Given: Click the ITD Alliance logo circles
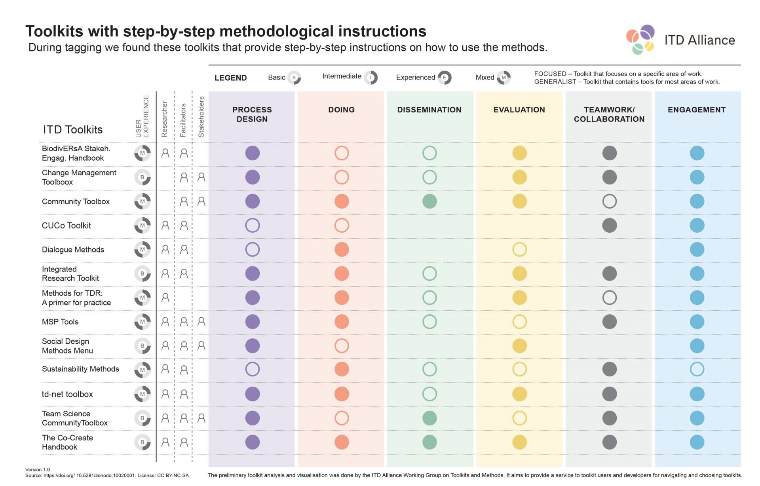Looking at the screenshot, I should [x=640, y=39].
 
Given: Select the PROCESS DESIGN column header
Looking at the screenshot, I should [x=252, y=114].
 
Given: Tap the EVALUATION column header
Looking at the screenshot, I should [x=519, y=110].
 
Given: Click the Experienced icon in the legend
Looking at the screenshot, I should [x=445, y=78].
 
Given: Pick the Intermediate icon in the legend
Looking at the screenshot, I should [x=371, y=78].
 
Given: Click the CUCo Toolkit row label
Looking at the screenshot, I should [x=66, y=226].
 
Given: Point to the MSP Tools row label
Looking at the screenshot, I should [x=60, y=322].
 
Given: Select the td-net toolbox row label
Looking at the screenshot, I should [x=67, y=394].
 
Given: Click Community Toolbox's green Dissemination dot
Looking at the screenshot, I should [x=429, y=201].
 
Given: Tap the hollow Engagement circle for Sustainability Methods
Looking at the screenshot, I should [x=697, y=369].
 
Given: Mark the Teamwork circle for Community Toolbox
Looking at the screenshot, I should [x=609, y=201].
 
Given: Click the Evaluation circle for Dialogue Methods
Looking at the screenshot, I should [x=519, y=250].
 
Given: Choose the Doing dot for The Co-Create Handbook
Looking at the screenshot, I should [x=342, y=442].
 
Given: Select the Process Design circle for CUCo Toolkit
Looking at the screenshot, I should [x=253, y=226].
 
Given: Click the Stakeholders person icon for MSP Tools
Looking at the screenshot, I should [x=201, y=322].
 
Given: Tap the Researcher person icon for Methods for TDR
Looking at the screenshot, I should [x=165, y=298].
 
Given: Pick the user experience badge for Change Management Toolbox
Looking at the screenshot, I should [x=142, y=177].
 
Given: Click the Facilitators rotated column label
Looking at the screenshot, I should [x=183, y=120].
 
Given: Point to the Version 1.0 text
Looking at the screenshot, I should [x=38, y=470].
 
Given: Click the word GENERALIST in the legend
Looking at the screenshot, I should [x=555, y=82].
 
